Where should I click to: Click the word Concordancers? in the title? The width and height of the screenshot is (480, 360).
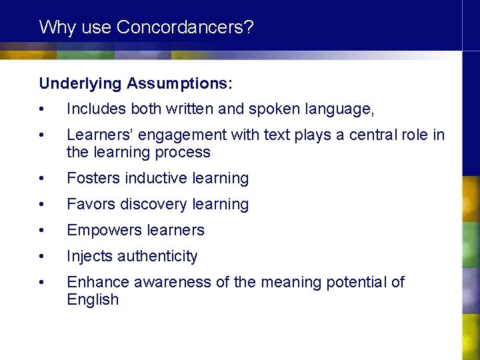pyautogui.click(x=185, y=27)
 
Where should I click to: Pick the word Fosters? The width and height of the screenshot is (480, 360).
pyautogui.click(x=93, y=179)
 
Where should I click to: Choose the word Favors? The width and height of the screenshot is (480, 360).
pyautogui.click(x=91, y=205)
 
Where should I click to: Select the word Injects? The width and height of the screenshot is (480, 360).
pyautogui.click(x=89, y=257)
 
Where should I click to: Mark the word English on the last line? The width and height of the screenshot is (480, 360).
pyautogui.click(x=92, y=300)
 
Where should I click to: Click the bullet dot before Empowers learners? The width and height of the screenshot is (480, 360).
pyautogui.click(x=42, y=231)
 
